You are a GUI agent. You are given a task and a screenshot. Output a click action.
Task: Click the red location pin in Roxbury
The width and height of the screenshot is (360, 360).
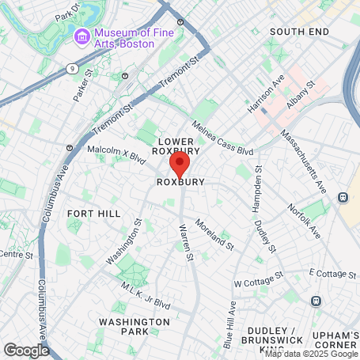180,165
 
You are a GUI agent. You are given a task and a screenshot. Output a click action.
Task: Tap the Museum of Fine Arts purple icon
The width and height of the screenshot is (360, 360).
82,36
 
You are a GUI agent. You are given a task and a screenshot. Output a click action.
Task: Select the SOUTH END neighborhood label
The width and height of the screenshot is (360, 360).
297,31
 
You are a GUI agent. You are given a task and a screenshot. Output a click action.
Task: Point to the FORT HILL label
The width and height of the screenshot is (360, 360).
93,214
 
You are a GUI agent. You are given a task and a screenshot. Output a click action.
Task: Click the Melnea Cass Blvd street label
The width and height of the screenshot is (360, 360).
223,138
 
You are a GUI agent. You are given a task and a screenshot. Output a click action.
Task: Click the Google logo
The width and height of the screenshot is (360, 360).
26,349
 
